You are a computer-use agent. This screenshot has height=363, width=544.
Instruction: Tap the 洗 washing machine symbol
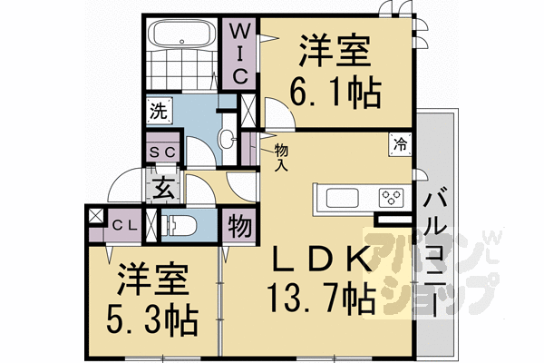click(x=158, y=113)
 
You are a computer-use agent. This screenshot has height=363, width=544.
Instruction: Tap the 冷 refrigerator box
click(x=399, y=143)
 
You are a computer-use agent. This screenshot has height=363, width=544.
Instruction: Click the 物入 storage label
click(x=282, y=159)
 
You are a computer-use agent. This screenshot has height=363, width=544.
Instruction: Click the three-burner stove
click(x=393, y=197)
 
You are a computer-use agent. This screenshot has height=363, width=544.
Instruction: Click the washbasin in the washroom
click(x=228, y=138)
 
